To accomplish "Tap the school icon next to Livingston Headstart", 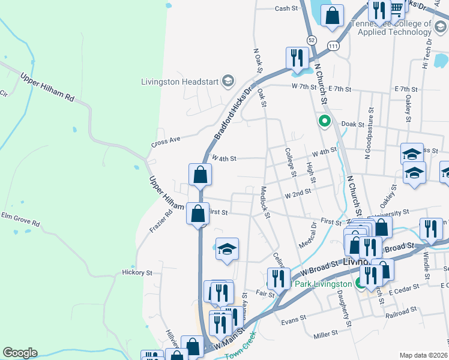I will tap(228, 80).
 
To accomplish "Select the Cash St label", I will tap(286, 8).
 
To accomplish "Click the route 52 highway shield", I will tap(311, 40).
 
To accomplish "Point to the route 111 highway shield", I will tap(333, 46).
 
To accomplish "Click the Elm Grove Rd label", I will tap(20, 219).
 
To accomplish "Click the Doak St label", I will tap(353, 124).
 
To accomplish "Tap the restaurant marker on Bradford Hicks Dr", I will tap(297, 58).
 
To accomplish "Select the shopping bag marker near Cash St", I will tap(332, 16).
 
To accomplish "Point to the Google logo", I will tap(20, 353).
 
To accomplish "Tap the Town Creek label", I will tap(240, 345).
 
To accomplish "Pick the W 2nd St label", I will tap(298, 194).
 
